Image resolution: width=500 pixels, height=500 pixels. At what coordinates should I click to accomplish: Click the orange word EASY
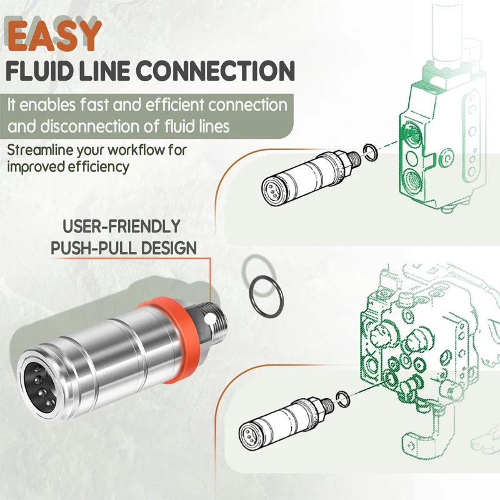click(x=55, y=36)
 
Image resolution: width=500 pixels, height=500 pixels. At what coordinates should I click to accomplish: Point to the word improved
click(x=36, y=167)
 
